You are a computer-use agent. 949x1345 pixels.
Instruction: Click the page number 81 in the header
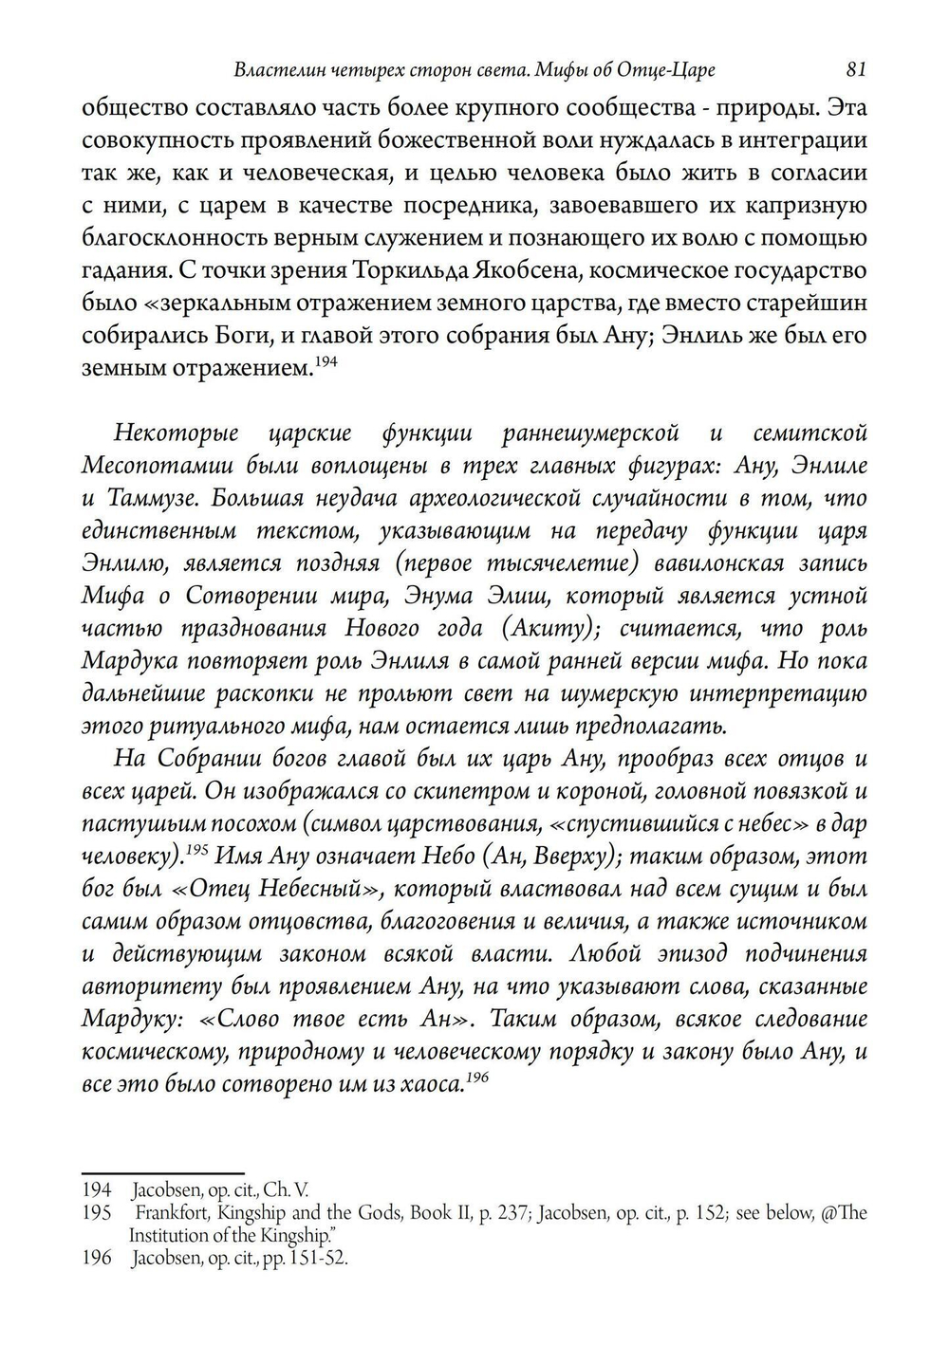(855, 69)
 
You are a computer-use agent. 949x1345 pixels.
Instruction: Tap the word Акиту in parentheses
(567, 628)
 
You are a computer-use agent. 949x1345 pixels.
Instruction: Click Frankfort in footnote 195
(169, 1213)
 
